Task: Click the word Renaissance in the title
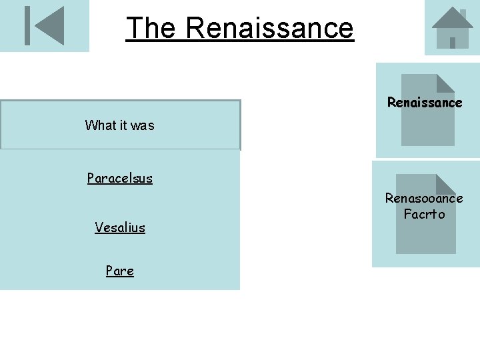tap(269, 28)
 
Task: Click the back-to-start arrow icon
tap(44, 25)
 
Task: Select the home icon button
tap(452, 28)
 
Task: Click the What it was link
tap(119, 125)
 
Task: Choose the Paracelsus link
tap(119, 178)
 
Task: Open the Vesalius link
tap(119, 227)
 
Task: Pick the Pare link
tap(119, 271)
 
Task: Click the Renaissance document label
tap(425, 103)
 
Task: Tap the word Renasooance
tap(424, 198)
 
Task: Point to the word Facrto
tap(424, 214)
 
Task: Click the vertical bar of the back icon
tap(27, 25)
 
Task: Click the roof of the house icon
tap(451, 19)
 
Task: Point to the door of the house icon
tap(453, 42)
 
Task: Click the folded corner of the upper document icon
tap(446, 82)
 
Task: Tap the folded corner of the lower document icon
tap(447, 183)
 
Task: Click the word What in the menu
tap(97, 125)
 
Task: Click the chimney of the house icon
tap(462, 13)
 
